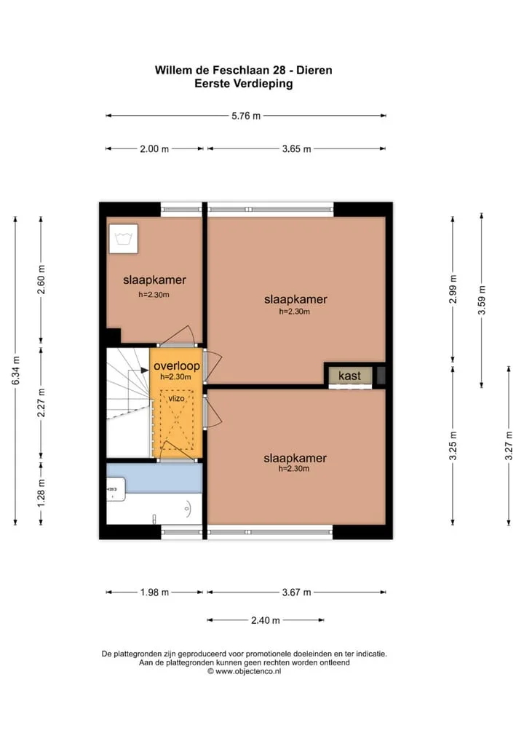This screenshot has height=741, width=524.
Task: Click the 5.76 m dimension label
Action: [x=246, y=116]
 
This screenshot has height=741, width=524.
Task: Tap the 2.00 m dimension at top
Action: [x=154, y=149]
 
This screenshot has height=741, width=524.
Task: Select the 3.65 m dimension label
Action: [x=297, y=149]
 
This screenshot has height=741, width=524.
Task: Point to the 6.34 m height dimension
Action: [x=15, y=370]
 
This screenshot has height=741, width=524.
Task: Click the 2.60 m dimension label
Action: [x=41, y=280]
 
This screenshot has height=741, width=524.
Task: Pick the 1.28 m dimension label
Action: [x=41, y=493]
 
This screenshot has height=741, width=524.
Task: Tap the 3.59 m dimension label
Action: [x=482, y=300]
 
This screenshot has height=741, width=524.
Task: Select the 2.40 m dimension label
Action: [x=265, y=620]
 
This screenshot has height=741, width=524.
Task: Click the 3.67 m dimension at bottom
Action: [x=297, y=592]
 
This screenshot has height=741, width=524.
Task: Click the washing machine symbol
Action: [x=124, y=239]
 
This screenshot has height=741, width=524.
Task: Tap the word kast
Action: [x=349, y=376]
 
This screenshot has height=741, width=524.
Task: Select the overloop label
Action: [x=177, y=366]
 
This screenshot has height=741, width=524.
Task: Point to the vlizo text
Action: [x=177, y=398]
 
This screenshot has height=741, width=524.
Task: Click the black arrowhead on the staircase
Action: [x=145, y=370]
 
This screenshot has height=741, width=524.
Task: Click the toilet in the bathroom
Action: [x=116, y=489]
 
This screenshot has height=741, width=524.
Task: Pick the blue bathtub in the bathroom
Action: [x=154, y=478]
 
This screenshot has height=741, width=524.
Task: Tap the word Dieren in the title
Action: [x=314, y=71]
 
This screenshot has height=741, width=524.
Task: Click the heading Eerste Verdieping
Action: [x=243, y=84]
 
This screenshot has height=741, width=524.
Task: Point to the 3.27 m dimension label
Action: [x=509, y=445]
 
